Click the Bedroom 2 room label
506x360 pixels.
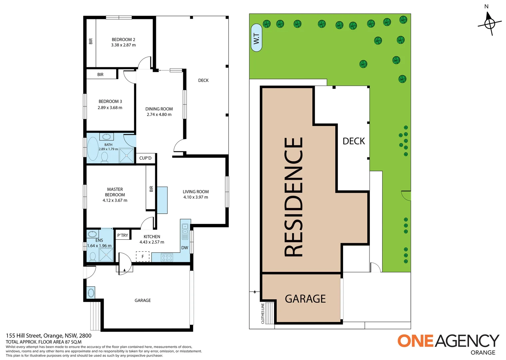click(123, 39)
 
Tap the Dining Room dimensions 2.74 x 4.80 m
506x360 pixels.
click(159, 115)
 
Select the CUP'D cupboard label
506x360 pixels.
click(145, 158)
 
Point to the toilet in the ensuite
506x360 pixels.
click(93, 256)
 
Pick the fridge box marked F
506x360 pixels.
click(143, 256)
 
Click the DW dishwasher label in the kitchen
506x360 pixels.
click(185, 248)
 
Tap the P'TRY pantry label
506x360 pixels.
click(123, 235)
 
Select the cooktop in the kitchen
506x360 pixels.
click(167, 257)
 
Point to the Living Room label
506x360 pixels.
click(196, 192)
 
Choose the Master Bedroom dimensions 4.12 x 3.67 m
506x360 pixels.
click(115, 200)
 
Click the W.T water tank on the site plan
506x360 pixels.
click(256, 38)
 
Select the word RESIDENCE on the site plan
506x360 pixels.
click(294, 197)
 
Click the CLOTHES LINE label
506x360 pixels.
click(263, 313)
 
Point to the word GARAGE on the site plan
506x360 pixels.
click(305, 299)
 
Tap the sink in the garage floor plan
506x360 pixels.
click(91, 293)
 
